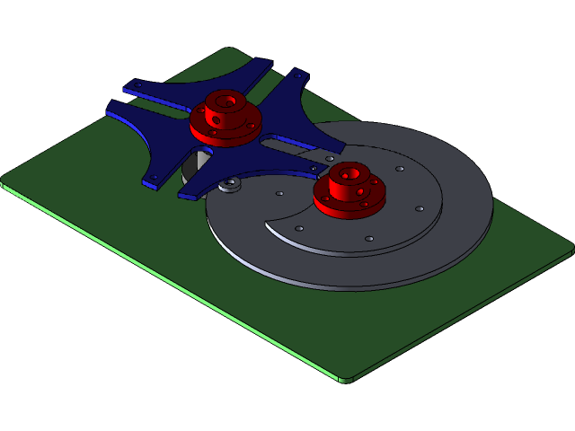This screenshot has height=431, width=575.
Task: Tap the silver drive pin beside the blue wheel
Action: [231, 185]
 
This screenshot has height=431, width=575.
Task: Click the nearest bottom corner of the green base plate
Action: [345, 380]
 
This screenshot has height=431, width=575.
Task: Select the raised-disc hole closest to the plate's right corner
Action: [420, 208]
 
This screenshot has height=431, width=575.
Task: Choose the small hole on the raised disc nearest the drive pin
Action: [280, 193]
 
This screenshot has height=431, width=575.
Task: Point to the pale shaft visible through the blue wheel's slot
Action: [193, 167]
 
